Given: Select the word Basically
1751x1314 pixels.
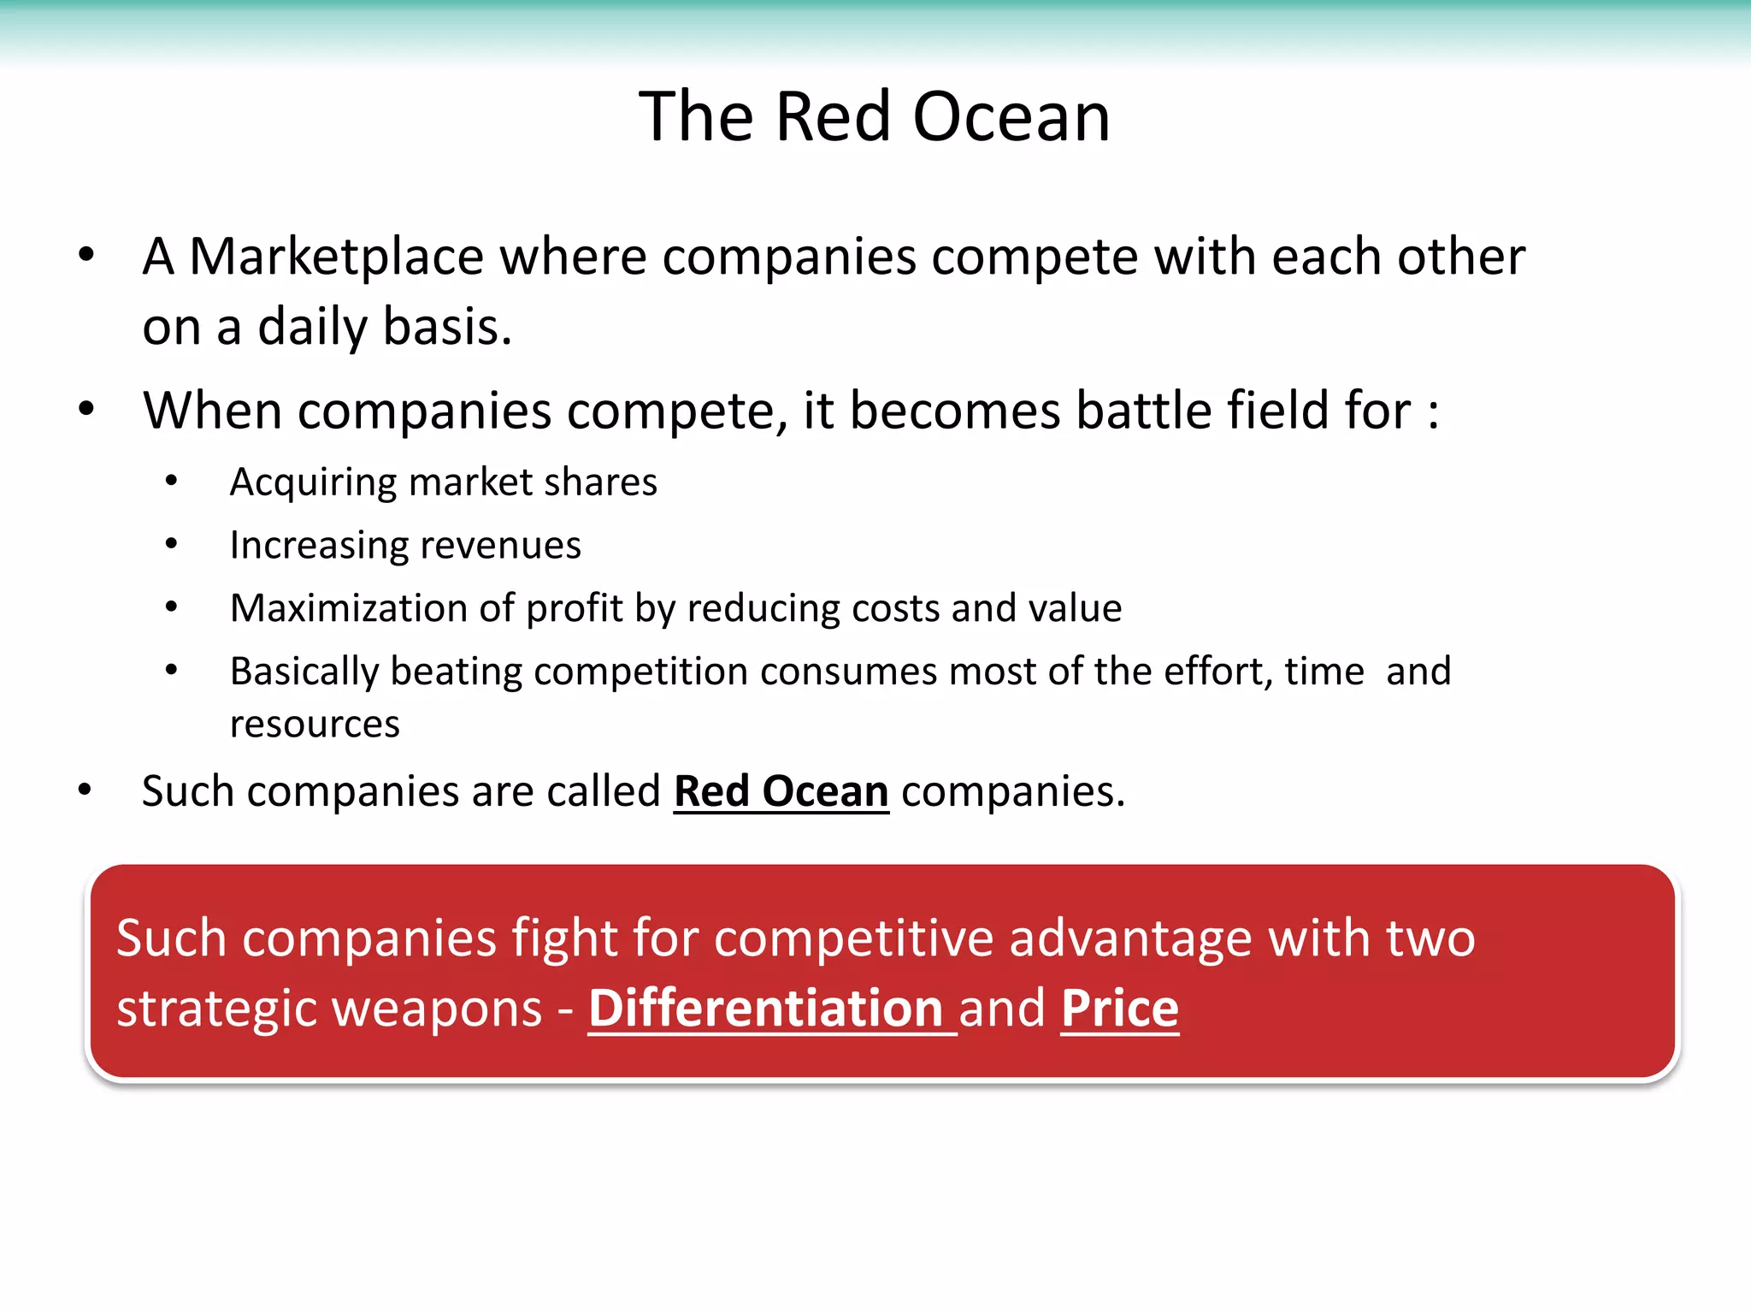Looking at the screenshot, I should [304, 672].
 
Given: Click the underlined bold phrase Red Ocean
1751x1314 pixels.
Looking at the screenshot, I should [781, 792].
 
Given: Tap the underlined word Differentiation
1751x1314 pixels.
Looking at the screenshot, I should [766, 1009].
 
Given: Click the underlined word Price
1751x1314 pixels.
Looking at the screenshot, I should [1119, 1009].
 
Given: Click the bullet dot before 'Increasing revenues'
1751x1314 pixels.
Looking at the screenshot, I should [172, 544].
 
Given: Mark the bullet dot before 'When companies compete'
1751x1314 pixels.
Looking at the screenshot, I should [86, 410].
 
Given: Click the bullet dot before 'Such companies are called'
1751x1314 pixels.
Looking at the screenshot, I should [85, 790].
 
